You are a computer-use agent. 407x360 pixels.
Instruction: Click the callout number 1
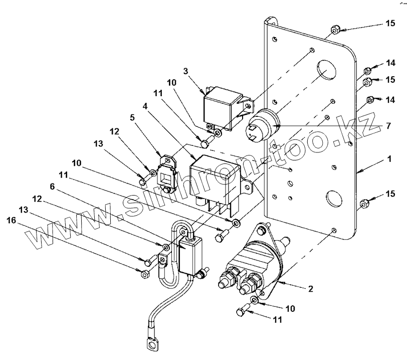389,159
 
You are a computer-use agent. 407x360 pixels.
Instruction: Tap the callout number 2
310,289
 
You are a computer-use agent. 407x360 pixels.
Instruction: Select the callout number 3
185,71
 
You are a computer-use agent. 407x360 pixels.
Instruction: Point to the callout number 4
145,106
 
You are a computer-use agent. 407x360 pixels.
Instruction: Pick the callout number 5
132,117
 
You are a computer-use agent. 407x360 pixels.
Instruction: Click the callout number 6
52,186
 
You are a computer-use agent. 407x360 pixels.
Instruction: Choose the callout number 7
388,126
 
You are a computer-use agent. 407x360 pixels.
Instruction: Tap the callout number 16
12,221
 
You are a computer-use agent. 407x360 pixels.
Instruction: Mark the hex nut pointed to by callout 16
144,274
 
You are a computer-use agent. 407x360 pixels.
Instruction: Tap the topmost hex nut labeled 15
335,30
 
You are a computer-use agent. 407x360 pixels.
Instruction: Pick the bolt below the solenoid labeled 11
242,310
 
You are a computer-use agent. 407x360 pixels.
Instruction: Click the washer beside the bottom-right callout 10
254,300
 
